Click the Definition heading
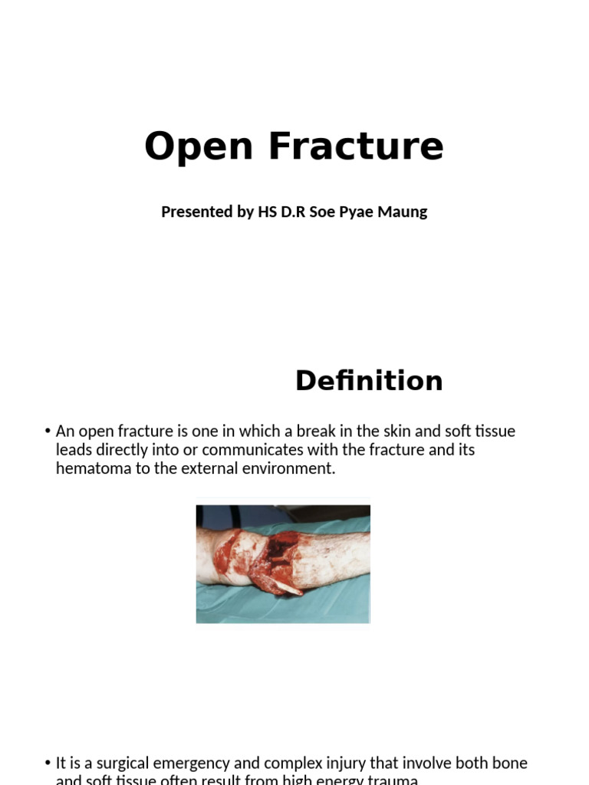pos(369,381)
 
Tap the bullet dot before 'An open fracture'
pos(48,432)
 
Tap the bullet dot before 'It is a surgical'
pos(48,764)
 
